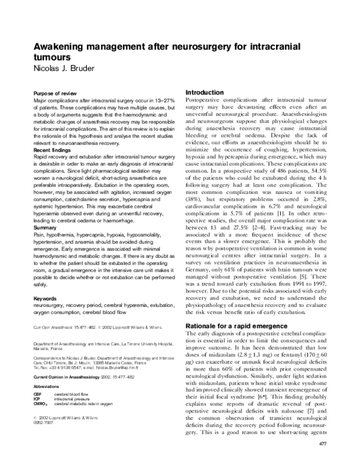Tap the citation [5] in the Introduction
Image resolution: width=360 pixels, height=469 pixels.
click(x=305, y=261)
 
